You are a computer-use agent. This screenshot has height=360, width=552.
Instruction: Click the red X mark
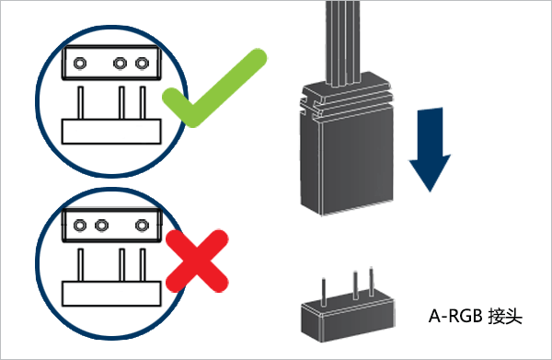point(197,261)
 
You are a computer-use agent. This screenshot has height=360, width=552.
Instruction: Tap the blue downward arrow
point(430,150)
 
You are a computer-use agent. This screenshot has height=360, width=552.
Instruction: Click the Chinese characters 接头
point(505,316)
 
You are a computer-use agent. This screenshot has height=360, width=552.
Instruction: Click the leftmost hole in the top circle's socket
point(80,64)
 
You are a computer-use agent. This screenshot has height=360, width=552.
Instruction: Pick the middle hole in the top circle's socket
point(120,64)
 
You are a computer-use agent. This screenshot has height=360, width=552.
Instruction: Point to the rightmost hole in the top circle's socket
point(142,64)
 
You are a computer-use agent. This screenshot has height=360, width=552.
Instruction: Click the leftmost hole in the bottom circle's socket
point(80,225)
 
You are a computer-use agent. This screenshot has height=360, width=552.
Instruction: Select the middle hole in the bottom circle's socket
point(102,225)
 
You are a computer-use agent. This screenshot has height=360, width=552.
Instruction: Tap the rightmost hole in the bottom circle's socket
point(142,225)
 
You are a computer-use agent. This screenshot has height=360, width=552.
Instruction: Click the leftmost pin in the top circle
point(81,103)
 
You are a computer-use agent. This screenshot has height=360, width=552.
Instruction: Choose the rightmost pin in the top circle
point(143,103)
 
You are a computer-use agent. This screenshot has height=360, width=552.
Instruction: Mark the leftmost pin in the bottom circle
point(81,265)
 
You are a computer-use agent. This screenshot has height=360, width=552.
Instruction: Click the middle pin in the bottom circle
point(121,265)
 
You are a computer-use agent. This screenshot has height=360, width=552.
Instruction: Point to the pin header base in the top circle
point(111,132)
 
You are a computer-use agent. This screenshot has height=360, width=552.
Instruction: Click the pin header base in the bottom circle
point(111,294)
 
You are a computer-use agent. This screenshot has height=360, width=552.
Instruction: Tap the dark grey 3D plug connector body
point(347,148)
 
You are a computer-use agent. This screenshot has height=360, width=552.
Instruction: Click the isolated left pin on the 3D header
point(323,292)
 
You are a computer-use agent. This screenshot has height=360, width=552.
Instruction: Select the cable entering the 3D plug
point(342,42)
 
